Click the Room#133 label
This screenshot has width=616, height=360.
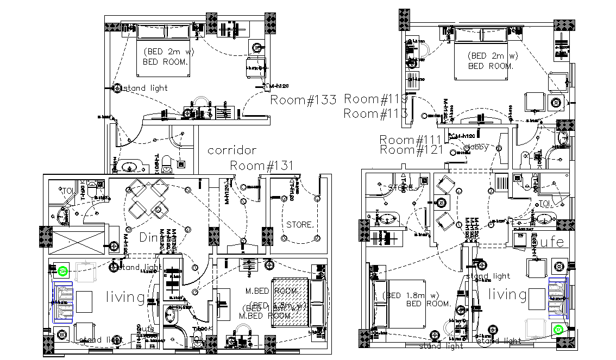303,100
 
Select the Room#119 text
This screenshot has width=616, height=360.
376,99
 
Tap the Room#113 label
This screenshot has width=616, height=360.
376,113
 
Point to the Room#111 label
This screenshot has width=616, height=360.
411,140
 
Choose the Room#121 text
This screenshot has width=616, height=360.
411,150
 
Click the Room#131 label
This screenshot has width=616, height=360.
262,166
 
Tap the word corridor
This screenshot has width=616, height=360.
232,150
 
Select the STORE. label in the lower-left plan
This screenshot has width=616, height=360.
299,224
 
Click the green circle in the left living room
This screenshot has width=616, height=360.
64,270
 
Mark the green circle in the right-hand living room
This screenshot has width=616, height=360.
557,329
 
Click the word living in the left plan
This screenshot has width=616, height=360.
125,298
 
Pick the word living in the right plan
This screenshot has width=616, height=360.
508,295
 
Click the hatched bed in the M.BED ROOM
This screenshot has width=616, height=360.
290,302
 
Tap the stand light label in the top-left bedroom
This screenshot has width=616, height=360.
146,88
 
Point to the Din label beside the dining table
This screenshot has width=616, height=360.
148,238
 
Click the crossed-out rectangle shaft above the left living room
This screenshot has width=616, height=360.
76,239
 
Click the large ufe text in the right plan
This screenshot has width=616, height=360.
551,242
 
